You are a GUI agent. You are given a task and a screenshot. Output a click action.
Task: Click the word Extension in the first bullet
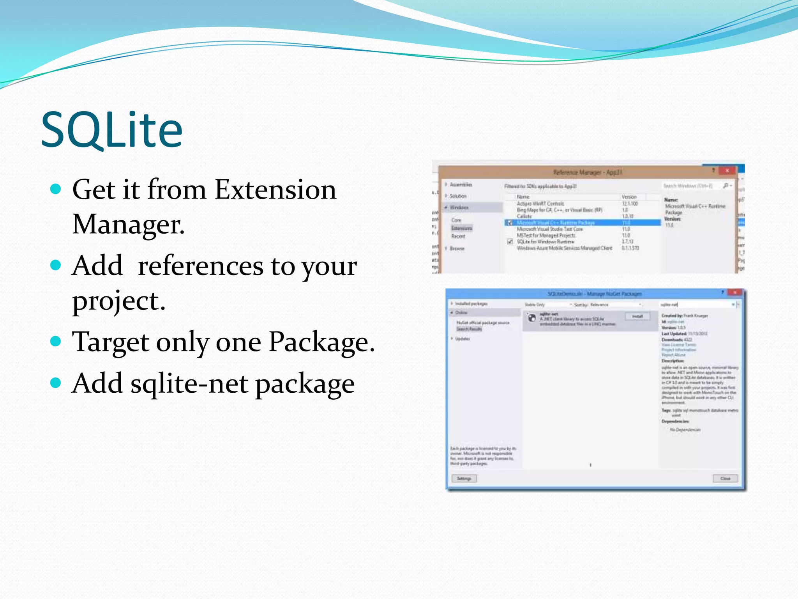coord(275,190)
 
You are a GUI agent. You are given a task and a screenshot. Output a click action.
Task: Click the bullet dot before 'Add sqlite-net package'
coord(56,383)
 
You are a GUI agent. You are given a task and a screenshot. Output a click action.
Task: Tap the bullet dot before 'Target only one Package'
coord(56,341)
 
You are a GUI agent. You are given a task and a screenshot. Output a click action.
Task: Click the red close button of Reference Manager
coord(727,170)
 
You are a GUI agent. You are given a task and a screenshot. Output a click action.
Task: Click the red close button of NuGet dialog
coord(734,292)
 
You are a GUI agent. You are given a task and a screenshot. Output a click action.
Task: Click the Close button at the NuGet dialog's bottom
coord(725,478)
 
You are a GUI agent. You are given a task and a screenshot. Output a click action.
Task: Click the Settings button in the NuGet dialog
coord(464,478)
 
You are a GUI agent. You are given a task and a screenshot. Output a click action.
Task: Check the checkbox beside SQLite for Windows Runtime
coord(510,242)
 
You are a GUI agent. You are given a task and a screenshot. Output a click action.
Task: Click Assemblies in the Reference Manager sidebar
coord(461,184)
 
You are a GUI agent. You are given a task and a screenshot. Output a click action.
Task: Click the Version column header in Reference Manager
coord(629,197)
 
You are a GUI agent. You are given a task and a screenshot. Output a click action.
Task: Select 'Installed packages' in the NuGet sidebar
coord(471,303)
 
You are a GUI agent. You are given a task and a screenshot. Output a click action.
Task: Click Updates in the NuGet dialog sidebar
coord(462,338)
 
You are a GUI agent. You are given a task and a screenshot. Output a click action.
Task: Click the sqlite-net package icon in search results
coord(532,318)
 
